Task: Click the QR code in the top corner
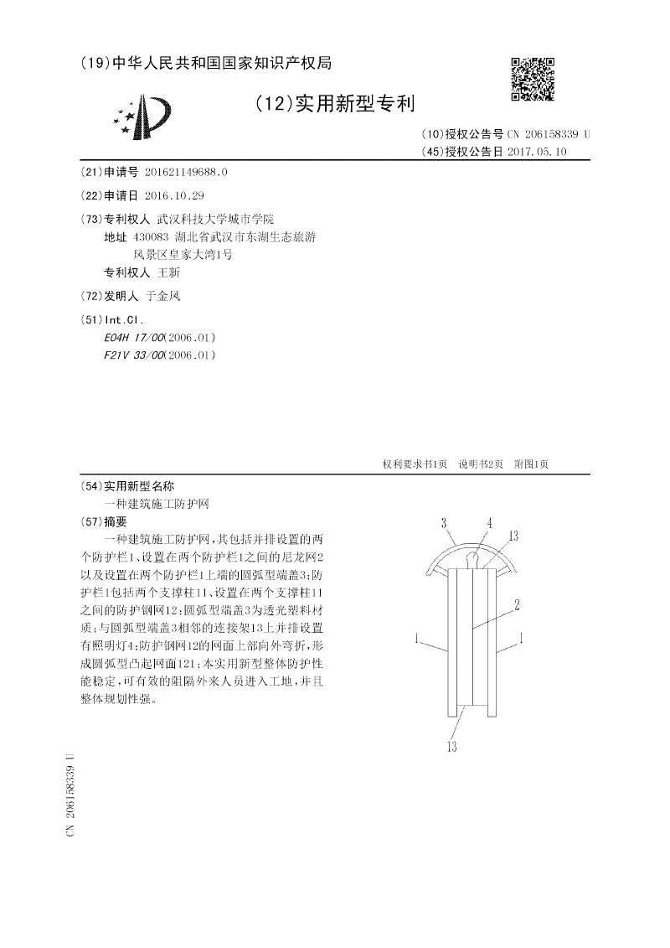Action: [x=533, y=79]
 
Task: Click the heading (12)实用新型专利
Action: [x=334, y=103]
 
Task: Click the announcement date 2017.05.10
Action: [x=537, y=152]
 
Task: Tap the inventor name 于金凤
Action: [x=163, y=296]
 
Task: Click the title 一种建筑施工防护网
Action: [x=156, y=503]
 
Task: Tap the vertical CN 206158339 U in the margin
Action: [x=70, y=793]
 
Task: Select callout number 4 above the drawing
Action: [x=488, y=523]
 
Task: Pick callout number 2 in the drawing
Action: [x=518, y=604]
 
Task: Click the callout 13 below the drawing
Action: [x=451, y=747]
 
